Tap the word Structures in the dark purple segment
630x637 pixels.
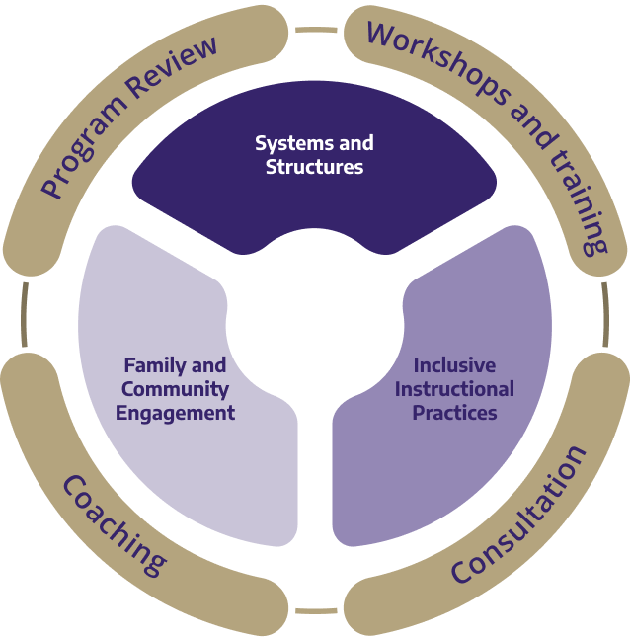tap(314, 167)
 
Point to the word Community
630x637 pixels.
tap(176, 389)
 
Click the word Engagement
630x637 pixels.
tap(176, 413)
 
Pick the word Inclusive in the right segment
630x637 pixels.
tap(454, 365)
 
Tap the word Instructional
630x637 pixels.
tap(454, 389)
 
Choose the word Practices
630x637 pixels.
tap(454, 412)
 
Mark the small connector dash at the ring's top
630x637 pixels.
tap(316, 30)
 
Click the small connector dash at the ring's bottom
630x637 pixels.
tap(315, 610)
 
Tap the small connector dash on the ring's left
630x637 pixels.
tap(23, 318)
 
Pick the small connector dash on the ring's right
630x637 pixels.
tap(605, 318)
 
